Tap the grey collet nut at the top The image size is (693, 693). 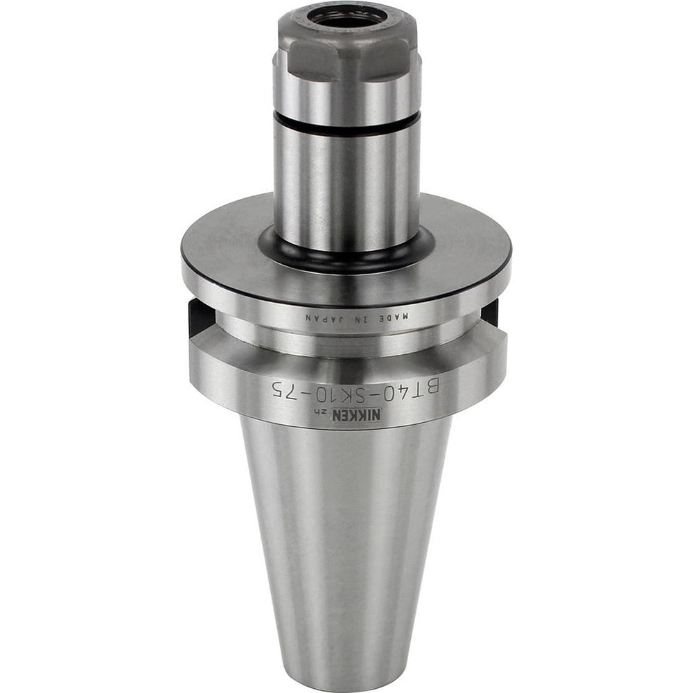point(346,49)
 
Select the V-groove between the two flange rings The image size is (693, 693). point(346,340)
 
